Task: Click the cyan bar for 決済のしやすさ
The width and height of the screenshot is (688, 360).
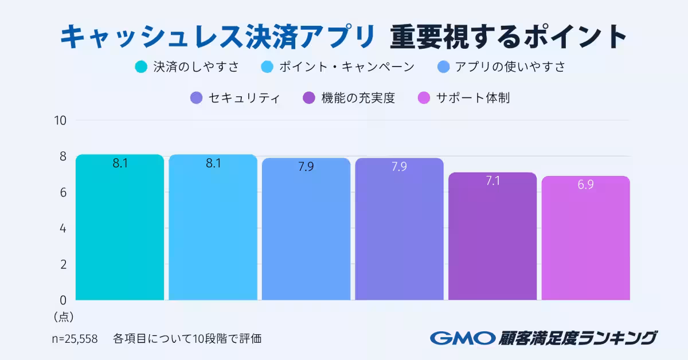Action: click(x=120, y=229)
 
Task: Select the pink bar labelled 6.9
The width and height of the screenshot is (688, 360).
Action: click(x=585, y=241)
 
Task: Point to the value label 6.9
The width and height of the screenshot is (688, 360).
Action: click(x=585, y=185)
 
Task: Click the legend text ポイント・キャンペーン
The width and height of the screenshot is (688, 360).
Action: click(x=346, y=67)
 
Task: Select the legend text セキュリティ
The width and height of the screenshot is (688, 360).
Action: click(x=244, y=98)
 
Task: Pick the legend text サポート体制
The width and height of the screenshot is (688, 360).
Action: click(x=472, y=98)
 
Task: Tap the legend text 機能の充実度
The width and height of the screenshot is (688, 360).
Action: click(x=358, y=98)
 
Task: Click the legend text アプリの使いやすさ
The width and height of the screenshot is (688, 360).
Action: click(x=510, y=67)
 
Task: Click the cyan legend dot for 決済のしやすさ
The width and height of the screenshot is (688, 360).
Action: click(x=141, y=67)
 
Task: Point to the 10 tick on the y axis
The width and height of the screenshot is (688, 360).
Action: click(x=61, y=120)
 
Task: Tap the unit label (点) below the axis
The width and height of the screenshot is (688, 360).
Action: click(x=63, y=316)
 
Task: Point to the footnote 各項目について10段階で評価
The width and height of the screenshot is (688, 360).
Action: click(x=187, y=338)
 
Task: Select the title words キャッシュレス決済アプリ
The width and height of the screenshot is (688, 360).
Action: click(x=217, y=37)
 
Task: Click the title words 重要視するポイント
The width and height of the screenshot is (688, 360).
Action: click(x=508, y=37)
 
